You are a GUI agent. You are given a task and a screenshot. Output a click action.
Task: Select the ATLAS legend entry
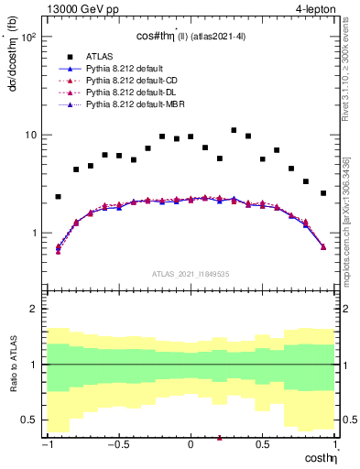point(102,56)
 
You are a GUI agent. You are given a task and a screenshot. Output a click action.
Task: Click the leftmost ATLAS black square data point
point(58,197)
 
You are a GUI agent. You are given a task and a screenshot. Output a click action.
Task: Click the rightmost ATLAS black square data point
point(323,193)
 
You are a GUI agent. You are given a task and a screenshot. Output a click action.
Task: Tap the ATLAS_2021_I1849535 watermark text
point(190,272)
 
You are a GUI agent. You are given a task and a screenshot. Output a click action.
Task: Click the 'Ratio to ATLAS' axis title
point(13,364)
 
